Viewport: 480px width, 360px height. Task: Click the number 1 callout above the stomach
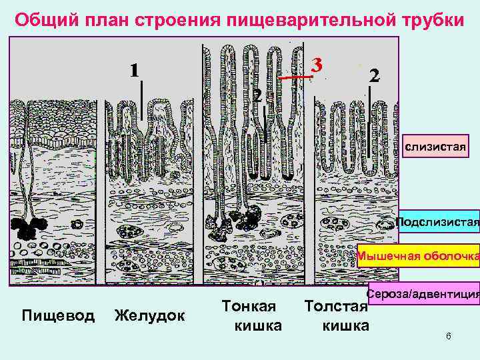coord(135,69)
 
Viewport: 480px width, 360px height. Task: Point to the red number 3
coord(318,65)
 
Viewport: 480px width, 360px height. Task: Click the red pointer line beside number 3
coord(295,78)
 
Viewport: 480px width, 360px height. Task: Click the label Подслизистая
coord(437,221)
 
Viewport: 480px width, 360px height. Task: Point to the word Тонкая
coord(249,306)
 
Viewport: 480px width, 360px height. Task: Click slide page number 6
coord(448,336)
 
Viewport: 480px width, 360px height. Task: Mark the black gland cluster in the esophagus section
coord(25,229)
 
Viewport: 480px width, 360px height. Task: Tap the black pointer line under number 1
coord(142,100)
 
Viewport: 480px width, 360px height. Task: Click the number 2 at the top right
coord(374,75)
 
